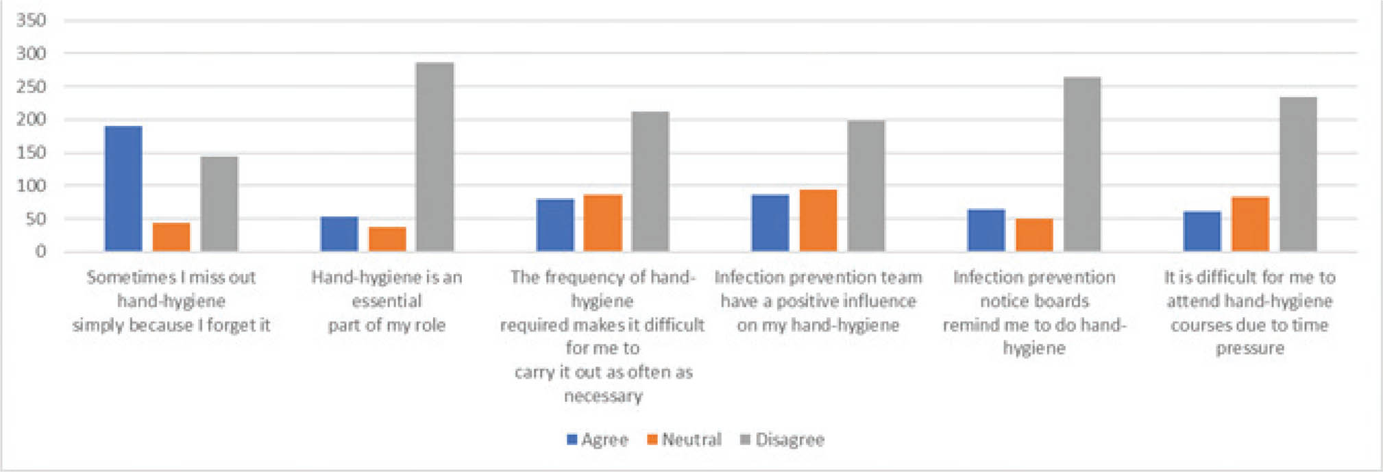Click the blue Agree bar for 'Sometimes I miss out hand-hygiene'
coord(123,188)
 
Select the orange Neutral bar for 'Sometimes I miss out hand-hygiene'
coord(171,237)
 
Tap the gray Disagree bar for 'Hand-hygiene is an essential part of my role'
coord(435,157)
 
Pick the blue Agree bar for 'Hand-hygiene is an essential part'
coord(339,234)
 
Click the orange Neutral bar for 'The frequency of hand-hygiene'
coord(603,223)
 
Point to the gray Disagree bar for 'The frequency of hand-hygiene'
coord(650,182)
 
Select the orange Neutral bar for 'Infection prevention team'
coord(818,221)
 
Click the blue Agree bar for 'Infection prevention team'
coord(770,223)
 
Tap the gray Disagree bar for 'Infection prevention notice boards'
coord(1082,164)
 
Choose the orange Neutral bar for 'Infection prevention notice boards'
coord(1034,235)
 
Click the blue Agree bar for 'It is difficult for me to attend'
coord(1202,232)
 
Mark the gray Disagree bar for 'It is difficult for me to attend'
coord(1298,174)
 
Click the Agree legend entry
coord(598,440)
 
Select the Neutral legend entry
coord(684,440)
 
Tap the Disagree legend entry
coord(783,440)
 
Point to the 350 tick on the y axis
coord(32,21)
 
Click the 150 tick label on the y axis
coord(32,153)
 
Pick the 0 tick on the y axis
coord(41,251)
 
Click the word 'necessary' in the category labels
coord(603,396)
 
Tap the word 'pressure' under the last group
coord(1250,348)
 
